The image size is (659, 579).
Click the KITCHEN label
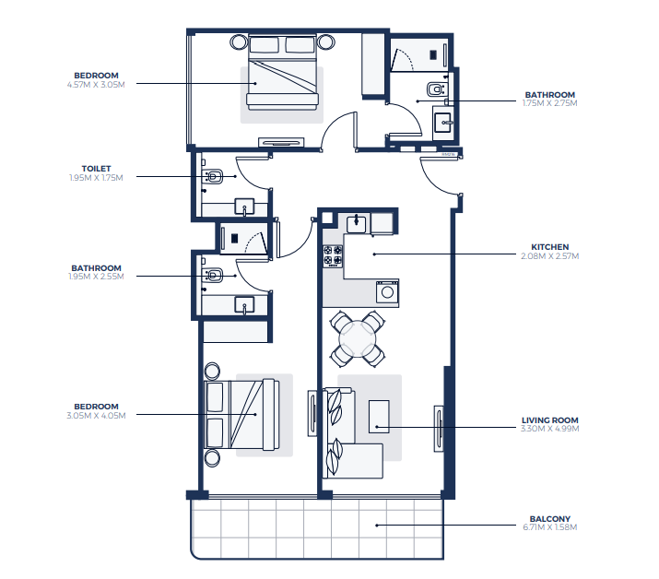point(549,247)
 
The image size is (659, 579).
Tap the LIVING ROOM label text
point(549,420)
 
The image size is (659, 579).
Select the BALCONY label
point(549,519)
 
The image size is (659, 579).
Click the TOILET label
point(96,169)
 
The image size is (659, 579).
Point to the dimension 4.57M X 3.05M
point(96,85)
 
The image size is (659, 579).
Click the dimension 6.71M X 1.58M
point(549,527)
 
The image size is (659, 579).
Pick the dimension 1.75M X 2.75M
point(549,103)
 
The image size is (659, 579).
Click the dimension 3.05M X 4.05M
point(96,416)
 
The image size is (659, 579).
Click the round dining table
point(358,339)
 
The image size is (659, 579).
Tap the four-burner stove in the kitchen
point(333,256)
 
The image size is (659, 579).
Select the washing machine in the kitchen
point(387,291)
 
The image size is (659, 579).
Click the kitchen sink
point(357,223)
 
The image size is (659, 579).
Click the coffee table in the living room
point(379,417)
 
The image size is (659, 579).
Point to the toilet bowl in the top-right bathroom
point(436,89)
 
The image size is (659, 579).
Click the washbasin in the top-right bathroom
point(442,123)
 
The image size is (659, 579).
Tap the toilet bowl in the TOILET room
point(214,177)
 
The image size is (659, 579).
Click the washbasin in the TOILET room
point(244,207)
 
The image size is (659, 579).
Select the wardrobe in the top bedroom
point(373,65)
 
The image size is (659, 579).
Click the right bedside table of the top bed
point(325,42)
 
